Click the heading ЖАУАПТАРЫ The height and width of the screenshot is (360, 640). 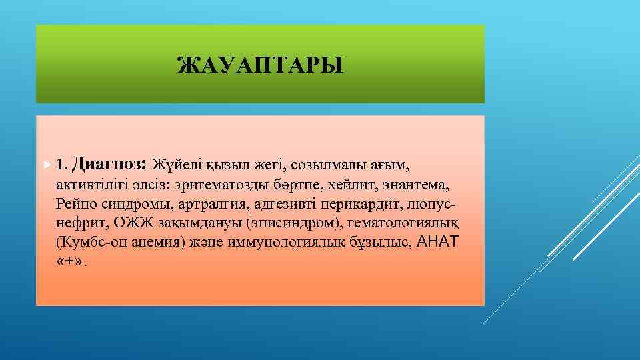[261, 65]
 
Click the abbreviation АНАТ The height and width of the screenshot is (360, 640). [437, 241]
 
